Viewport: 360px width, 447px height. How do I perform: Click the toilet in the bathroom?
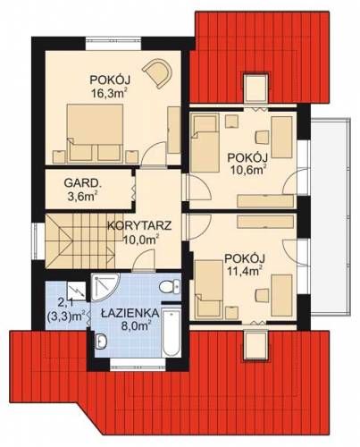pyautogui.click(x=170, y=286)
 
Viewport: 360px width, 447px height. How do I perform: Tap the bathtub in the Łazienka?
pyautogui.click(x=172, y=331)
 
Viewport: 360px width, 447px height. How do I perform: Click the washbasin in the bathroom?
pyautogui.click(x=102, y=341)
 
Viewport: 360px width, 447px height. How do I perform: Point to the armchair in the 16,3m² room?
pyautogui.click(x=157, y=72)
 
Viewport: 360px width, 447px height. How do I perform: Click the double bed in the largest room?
pyautogui.click(x=96, y=133)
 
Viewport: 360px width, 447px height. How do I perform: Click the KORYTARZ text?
pyautogui.click(x=139, y=225)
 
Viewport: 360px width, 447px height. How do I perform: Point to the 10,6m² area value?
pyautogui.click(x=247, y=170)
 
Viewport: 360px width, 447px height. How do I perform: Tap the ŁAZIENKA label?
pyautogui.click(x=129, y=313)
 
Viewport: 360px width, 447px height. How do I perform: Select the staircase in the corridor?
pyautogui.click(x=80, y=241)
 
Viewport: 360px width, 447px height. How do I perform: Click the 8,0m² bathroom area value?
pyautogui.click(x=137, y=325)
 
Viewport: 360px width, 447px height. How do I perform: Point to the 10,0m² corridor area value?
pyautogui.click(x=140, y=239)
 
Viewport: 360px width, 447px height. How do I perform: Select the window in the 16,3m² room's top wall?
pyautogui.click(x=113, y=43)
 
